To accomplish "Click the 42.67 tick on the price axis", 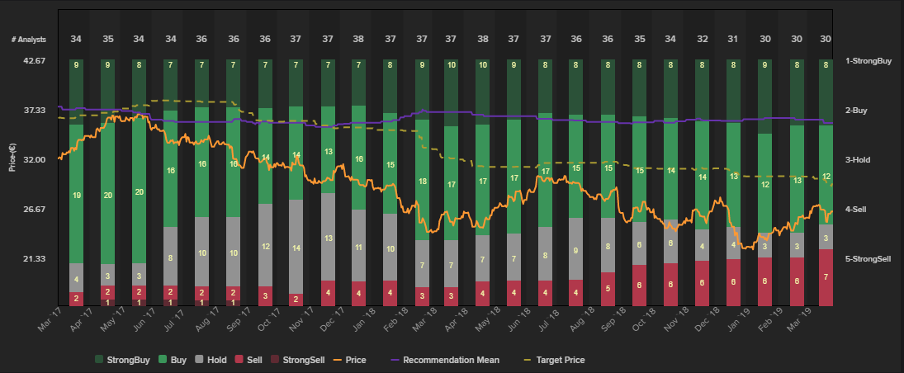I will coord(33,60).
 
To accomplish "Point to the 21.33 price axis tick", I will coord(33,259).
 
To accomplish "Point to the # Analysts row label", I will coord(29,39).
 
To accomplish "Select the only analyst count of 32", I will coord(702,39).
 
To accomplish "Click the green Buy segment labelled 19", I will coord(76,196).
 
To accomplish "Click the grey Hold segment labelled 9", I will coord(575,250).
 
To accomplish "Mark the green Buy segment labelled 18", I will coord(422,181).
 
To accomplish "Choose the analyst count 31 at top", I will coord(733,39).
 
